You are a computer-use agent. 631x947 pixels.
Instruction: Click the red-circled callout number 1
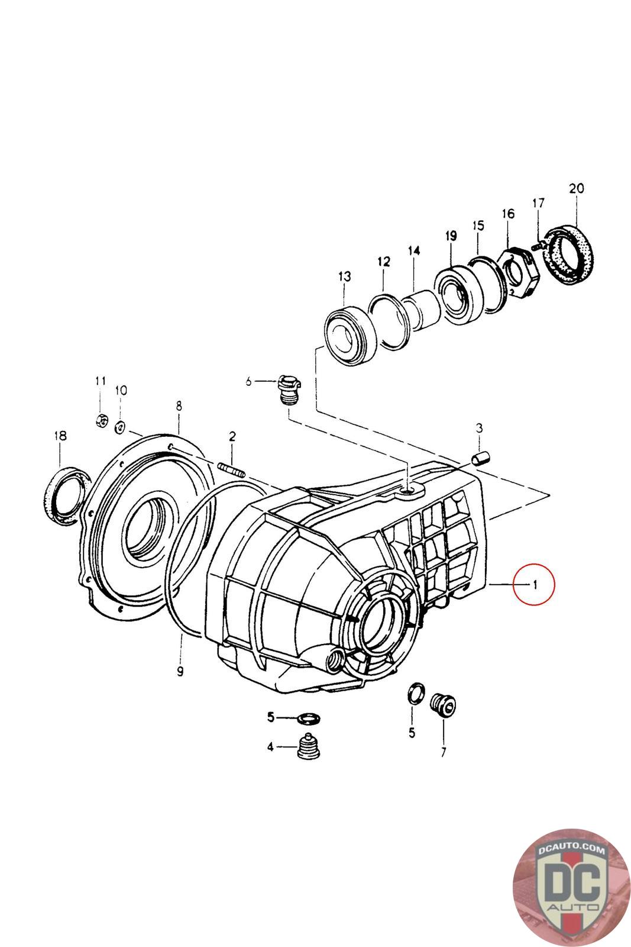(535, 585)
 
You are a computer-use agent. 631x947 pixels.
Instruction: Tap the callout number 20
(576, 189)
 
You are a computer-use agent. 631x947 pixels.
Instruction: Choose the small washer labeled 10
(121, 426)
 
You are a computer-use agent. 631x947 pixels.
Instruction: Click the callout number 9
(180, 671)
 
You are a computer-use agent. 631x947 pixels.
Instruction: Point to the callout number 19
(451, 236)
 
